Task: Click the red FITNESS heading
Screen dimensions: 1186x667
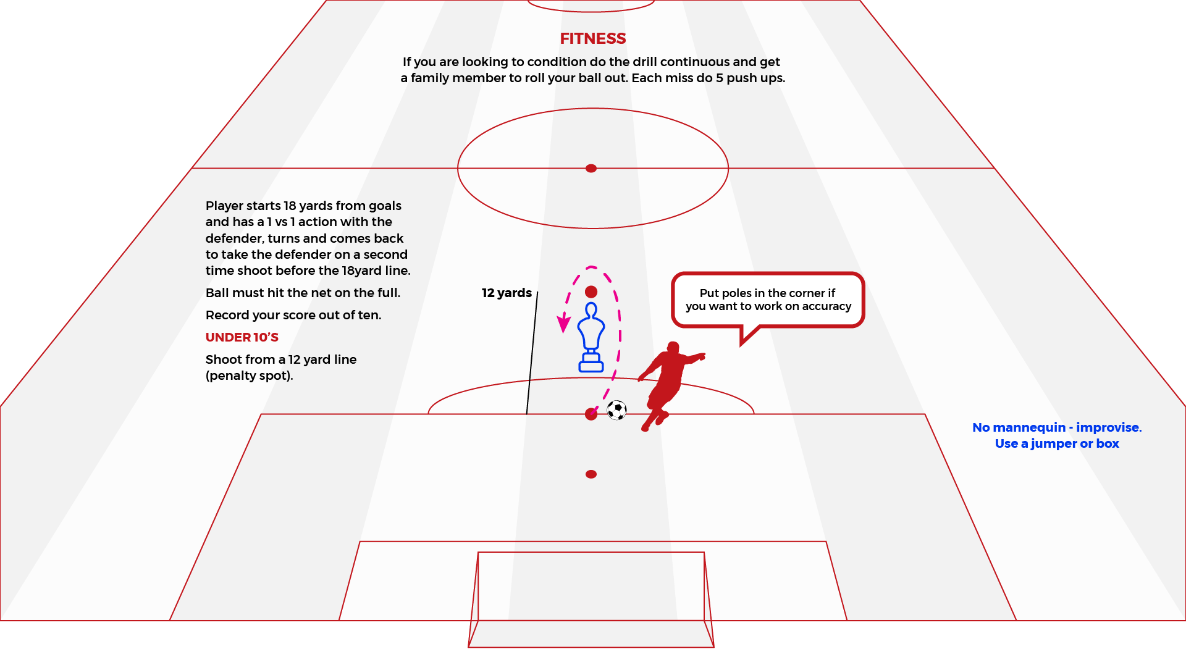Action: tap(593, 38)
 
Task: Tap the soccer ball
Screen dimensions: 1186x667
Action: tap(616, 410)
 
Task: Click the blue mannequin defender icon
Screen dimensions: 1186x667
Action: tap(591, 337)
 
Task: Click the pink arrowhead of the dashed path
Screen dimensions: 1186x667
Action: tap(563, 324)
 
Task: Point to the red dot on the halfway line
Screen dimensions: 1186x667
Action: tap(591, 168)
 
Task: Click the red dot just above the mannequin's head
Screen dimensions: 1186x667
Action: tap(591, 292)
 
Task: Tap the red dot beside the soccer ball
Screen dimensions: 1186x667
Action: tap(591, 414)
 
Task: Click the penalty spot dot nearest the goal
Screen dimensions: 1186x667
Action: tap(591, 474)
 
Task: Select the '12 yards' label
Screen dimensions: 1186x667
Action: tap(507, 293)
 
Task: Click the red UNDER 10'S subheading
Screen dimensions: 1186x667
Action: tap(242, 337)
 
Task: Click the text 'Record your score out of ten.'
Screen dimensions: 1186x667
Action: tap(293, 315)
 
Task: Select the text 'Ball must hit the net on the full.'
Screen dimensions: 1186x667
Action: tap(303, 293)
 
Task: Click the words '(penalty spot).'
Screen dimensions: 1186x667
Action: tap(250, 375)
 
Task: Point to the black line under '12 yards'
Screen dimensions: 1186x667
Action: tap(532, 353)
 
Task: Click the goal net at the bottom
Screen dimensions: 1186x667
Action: tap(591, 599)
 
